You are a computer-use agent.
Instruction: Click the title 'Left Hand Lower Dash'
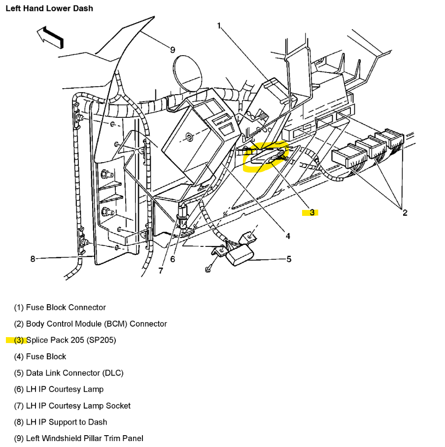(49, 8)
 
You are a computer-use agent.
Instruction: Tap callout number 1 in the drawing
(219, 26)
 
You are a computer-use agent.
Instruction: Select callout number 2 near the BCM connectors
(405, 213)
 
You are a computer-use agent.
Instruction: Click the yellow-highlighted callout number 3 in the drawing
(311, 212)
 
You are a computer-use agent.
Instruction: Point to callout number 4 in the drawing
(288, 236)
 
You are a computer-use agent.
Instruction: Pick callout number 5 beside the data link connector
(289, 259)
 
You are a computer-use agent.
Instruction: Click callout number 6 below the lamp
(172, 259)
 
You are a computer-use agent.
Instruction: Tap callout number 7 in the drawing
(161, 270)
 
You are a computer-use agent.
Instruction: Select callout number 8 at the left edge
(33, 259)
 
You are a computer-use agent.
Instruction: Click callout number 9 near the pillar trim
(172, 49)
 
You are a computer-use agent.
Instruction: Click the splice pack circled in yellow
(266, 156)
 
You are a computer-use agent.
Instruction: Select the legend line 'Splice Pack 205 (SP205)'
(70, 340)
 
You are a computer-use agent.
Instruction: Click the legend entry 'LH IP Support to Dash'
(66, 422)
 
